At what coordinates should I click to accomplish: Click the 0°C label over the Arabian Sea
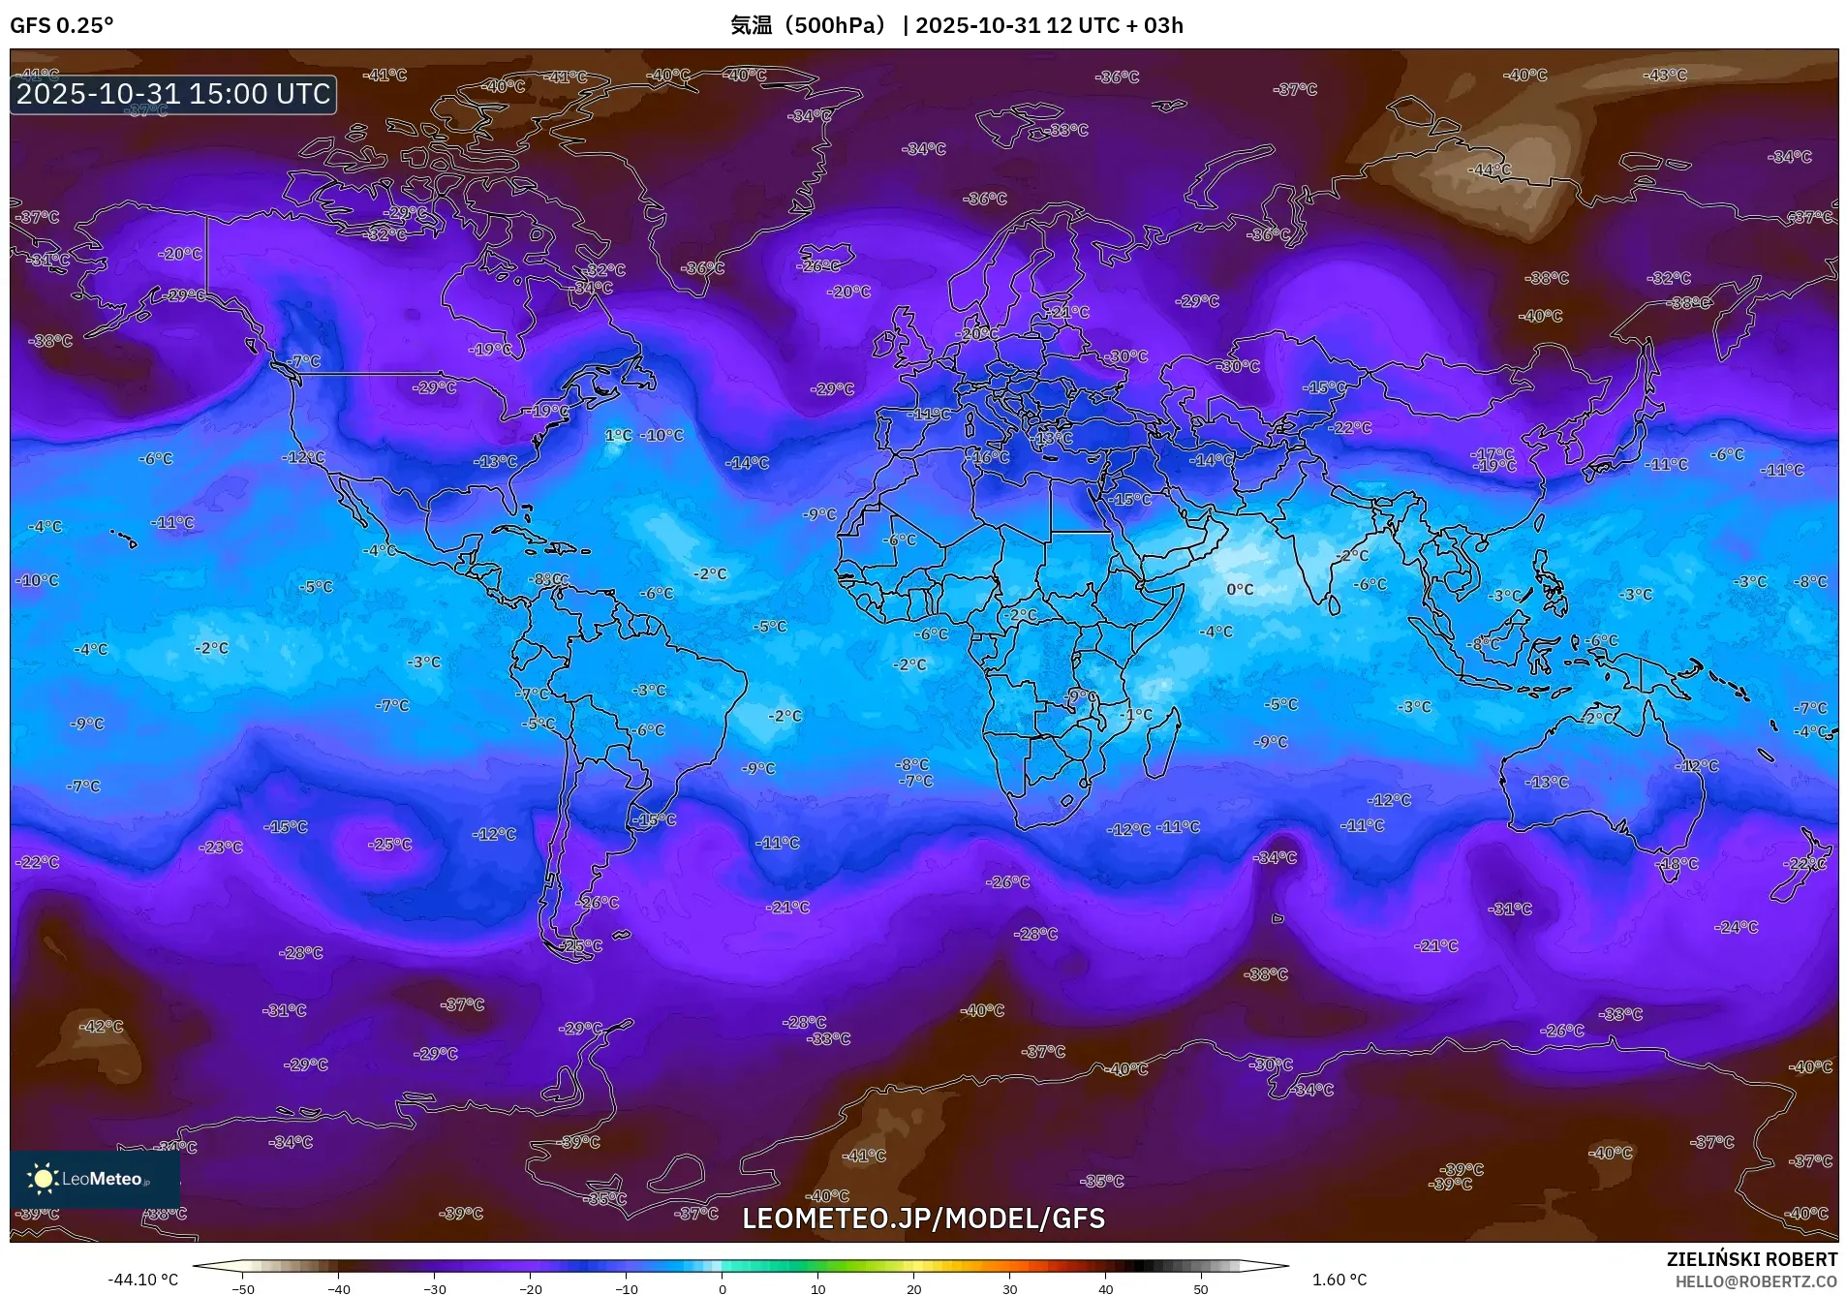coord(1239,589)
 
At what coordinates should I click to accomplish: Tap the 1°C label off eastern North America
coord(618,436)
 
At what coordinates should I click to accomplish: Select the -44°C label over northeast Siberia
coord(1489,170)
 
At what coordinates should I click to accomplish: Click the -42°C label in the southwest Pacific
coord(101,1026)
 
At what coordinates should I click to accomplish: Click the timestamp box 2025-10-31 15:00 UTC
coord(173,94)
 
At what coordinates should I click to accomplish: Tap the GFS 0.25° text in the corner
coord(61,25)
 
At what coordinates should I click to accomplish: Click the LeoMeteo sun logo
coord(43,1178)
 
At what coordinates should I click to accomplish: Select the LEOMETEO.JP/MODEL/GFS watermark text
coord(923,1218)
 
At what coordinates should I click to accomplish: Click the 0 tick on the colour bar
coord(722,1287)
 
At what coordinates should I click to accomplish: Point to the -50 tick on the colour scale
coord(243,1287)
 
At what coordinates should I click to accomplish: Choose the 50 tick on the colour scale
coord(1200,1287)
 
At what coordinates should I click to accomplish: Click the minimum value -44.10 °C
coord(142,1280)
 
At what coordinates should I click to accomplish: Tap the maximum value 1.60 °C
coord(1339,1280)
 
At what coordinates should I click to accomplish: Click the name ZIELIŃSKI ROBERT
coord(1751,1259)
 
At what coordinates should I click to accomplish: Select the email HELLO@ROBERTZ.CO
coord(1755,1281)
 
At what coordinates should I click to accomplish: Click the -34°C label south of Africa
coord(1275,857)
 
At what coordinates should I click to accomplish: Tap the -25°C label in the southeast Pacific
coord(389,845)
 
